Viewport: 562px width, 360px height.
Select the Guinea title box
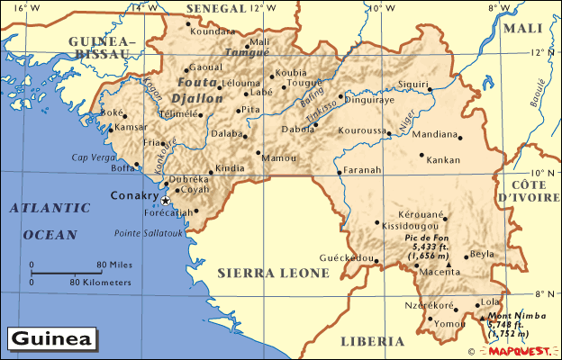pos(53,339)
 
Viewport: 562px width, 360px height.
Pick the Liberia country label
pos(371,341)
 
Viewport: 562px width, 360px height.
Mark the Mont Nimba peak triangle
pos(483,316)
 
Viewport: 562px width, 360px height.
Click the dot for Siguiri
pos(431,88)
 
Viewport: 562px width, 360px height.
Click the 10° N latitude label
pos(543,173)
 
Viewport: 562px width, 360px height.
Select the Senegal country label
pos(214,8)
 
